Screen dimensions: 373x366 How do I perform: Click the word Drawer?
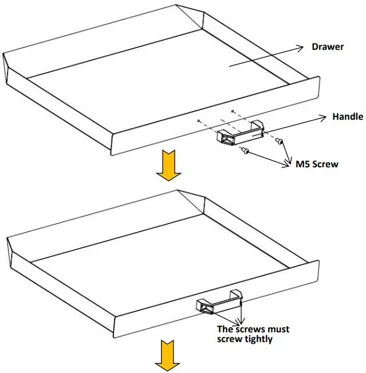click(x=328, y=46)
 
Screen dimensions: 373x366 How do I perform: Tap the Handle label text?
click(x=348, y=116)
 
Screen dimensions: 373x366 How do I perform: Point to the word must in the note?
click(x=277, y=329)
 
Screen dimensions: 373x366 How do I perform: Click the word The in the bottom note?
click(x=225, y=329)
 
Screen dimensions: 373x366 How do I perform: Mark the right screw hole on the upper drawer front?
click(x=232, y=110)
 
